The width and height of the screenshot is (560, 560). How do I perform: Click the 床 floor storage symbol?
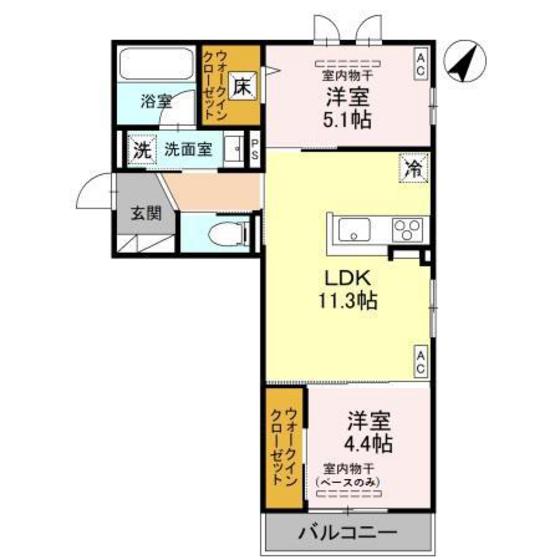(242, 87)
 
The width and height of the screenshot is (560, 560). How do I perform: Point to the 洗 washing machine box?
(141, 151)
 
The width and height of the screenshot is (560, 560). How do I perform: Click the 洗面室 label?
(188, 151)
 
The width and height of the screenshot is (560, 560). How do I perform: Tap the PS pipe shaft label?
(255, 151)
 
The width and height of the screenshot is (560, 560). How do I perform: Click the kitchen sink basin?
(354, 232)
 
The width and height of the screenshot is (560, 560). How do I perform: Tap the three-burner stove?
(407, 231)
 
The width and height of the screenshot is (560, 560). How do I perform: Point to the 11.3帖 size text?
(346, 300)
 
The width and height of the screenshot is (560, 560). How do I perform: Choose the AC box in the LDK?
(420, 361)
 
